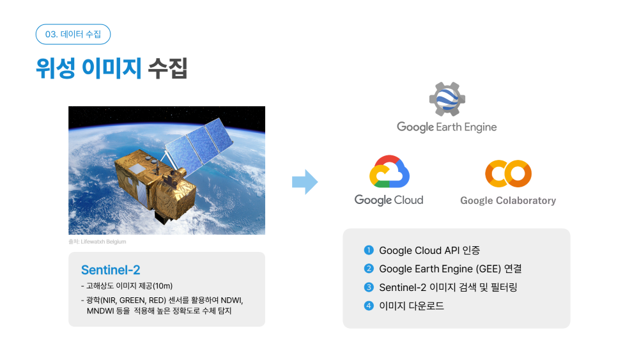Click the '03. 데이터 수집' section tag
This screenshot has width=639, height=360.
coord(73,35)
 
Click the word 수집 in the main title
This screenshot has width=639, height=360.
coord(167,68)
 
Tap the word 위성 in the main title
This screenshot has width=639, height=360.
coord(56,68)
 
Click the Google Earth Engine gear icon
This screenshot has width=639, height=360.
coord(447,99)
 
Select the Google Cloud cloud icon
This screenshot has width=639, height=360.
coord(389,171)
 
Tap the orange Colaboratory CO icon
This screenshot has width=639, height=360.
coord(508,174)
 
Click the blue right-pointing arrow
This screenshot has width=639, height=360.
coord(305,182)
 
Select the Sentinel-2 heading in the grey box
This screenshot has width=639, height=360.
coord(111,270)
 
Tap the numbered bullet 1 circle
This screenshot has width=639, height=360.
coord(369,250)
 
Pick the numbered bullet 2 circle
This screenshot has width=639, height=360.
coord(369,269)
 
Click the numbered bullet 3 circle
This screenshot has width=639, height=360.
coord(369,288)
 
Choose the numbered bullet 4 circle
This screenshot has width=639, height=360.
coord(369,306)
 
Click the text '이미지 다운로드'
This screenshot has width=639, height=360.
coord(412,306)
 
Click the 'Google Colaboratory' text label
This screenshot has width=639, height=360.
coord(508,201)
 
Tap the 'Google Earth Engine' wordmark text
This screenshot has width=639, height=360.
coord(447,127)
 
